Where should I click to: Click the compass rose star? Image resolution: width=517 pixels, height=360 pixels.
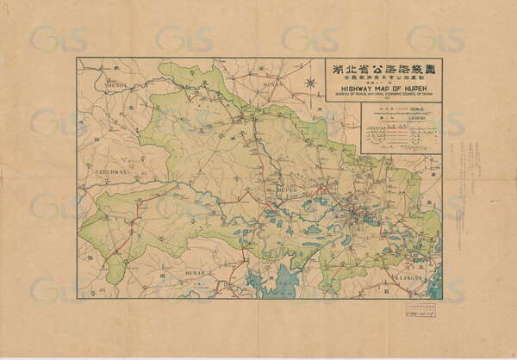click(x=310, y=84)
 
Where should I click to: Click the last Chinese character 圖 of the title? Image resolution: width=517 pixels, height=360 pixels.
click(x=430, y=68)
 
